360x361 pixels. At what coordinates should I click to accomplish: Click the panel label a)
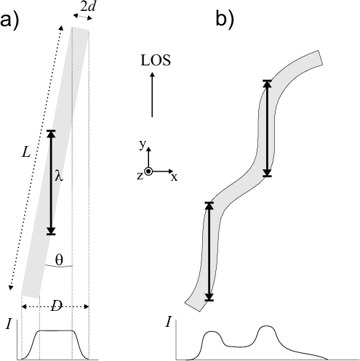click(x=9, y=22)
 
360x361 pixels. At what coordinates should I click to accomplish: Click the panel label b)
click(x=225, y=19)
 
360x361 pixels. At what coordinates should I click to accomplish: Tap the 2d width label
click(x=87, y=7)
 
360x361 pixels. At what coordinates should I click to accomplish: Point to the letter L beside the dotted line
click(x=26, y=153)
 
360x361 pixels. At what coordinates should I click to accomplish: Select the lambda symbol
click(x=59, y=175)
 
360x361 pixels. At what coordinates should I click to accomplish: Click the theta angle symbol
click(x=59, y=259)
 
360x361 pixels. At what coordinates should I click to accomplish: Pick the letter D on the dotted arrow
click(x=56, y=307)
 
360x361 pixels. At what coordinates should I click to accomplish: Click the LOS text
click(x=156, y=60)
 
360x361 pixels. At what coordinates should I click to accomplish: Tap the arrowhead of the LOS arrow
click(x=152, y=74)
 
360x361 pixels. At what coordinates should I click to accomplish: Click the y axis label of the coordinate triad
click(x=143, y=145)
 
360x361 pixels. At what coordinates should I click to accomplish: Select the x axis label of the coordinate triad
click(x=174, y=177)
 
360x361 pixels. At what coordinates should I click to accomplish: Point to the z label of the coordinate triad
click(x=140, y=176)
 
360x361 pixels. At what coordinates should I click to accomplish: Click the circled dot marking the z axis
click(x=148, y=171)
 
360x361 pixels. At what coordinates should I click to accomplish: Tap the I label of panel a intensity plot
click(x=9, y=324)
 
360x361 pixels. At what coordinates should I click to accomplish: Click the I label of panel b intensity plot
click(x=168, y=323)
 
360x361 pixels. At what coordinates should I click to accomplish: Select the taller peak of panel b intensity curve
click(x=267, y=326)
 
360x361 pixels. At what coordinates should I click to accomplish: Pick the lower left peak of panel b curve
click(x=212, y=331)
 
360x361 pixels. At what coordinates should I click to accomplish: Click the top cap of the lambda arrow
click(x=51, y=131)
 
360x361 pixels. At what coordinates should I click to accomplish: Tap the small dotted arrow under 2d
click(x=83, y=17)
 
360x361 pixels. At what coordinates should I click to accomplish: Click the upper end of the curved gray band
click(x=320, y=57)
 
